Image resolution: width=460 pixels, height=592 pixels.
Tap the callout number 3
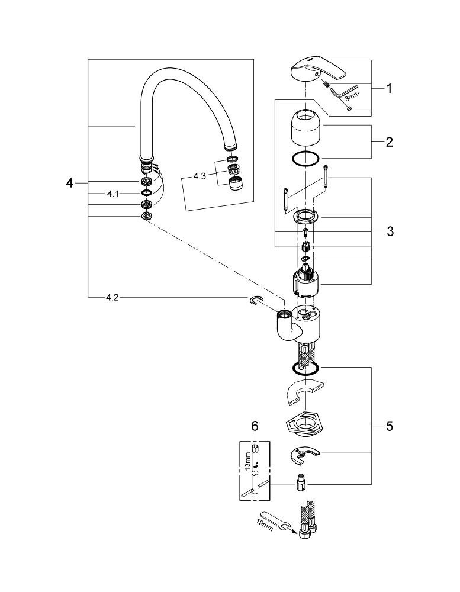(390, 231)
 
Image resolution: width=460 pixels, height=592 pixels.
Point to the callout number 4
(69, 183)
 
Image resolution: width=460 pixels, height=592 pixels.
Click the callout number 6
(255, 426)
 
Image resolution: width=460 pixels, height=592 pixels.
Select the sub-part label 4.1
(113, 194)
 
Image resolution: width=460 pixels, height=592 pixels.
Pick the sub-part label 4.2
(112, 298)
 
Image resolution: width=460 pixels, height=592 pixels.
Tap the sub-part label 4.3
(200, 176)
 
